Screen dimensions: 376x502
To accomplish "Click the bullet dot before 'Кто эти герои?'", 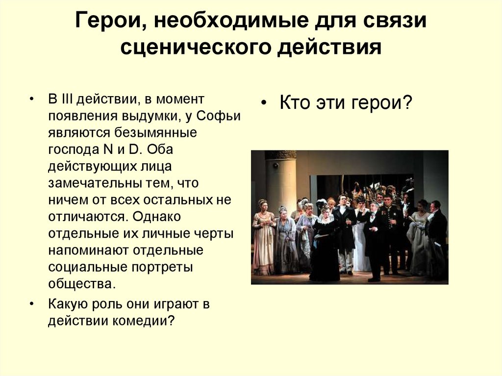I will click(263, 104).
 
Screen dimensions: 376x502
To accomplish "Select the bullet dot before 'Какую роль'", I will click(32, 303).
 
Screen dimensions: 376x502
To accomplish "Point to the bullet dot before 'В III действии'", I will click(32, 99).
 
